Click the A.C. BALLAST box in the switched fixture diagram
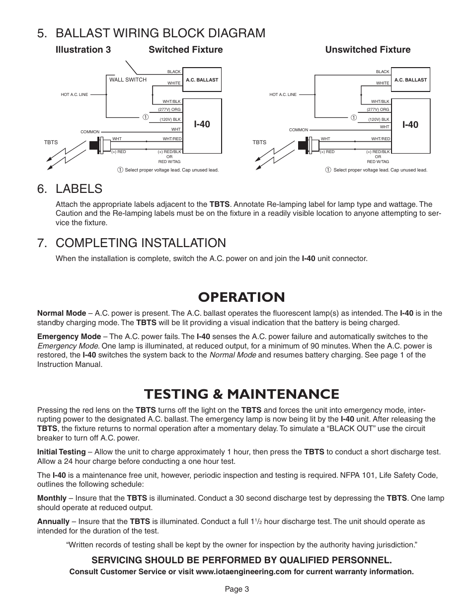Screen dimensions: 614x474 coord(202,80)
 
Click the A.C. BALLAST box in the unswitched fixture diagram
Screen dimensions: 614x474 coord(410,80)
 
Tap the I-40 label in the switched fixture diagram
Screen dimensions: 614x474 coord(202,124)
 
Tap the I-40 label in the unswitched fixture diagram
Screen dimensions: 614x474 coord(410,124)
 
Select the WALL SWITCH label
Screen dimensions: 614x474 coord(128,80)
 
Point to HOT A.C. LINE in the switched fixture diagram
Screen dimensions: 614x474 coord(74,94)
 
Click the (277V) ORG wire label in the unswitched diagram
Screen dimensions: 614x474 coord(378,109)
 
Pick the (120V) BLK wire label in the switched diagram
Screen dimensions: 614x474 coord(169,120)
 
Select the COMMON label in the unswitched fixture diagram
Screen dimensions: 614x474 coord(298,130)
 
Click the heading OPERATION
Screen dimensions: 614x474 coord(241,297)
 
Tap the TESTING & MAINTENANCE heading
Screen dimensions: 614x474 coord(241,394)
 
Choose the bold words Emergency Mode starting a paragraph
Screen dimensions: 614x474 coord(69,337)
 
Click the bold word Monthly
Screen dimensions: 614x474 coord(52,498)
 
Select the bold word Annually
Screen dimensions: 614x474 coord(53,522)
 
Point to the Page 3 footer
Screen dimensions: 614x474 coord(237,589)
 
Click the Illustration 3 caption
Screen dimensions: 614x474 coord(83,50)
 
